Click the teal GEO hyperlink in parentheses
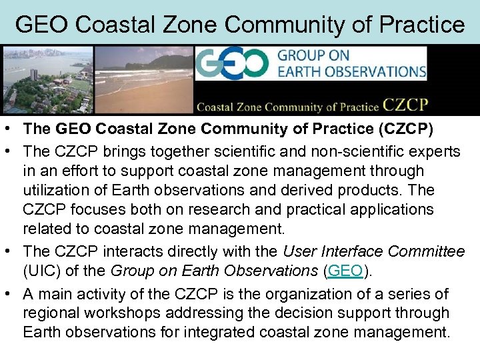click(x=345, y=271)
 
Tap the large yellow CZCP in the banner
click(x=405, y=105)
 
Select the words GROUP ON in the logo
click(x=315, y=55)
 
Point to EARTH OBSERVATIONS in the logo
click(x=351, y=71)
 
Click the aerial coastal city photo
click(x=47, y=80)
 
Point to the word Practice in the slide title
click(x=423, y=25)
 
